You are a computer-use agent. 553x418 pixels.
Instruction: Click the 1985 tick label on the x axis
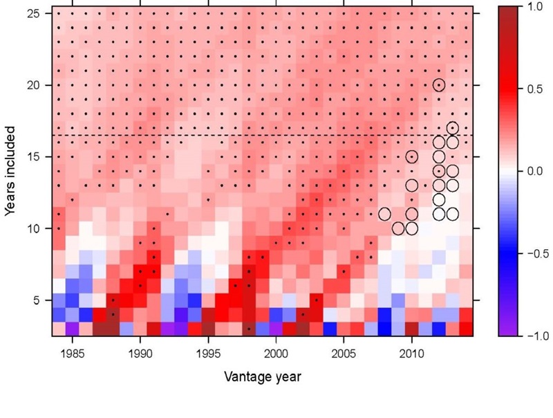point(73,354)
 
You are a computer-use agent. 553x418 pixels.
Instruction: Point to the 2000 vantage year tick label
point(276,354)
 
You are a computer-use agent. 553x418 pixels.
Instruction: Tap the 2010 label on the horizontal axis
point(411,354)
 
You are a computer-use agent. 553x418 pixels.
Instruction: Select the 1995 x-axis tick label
point(208,354)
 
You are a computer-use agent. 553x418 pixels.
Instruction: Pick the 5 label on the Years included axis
point(37,300)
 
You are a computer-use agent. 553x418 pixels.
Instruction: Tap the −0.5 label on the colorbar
point(538,254)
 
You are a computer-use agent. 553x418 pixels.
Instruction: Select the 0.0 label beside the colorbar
point(535,172)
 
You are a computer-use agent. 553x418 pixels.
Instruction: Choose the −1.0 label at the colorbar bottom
point(538,336)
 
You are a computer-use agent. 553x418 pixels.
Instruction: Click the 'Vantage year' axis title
point(263,376)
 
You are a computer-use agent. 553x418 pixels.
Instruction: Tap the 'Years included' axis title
point(10,171)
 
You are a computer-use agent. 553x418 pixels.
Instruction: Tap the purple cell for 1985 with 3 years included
point(73,329)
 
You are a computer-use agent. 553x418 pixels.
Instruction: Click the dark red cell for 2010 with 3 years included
point(411,329)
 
